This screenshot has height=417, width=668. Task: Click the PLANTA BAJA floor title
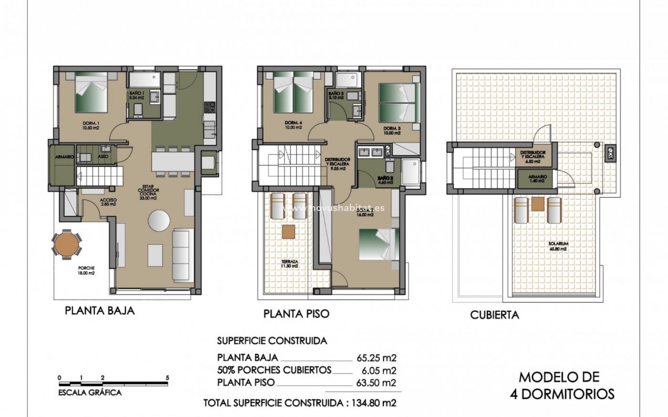(100, 310)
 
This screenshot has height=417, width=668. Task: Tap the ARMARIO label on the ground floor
(64, 157)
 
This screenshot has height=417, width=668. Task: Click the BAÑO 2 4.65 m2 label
(385, 180)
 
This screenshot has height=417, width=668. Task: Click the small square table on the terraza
(288, 232)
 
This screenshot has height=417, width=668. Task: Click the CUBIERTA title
(494, 315)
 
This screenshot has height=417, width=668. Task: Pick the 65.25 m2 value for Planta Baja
(376, 358)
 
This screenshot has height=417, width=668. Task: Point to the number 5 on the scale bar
(167, 378)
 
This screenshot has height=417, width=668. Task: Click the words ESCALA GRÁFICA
(90, 393)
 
